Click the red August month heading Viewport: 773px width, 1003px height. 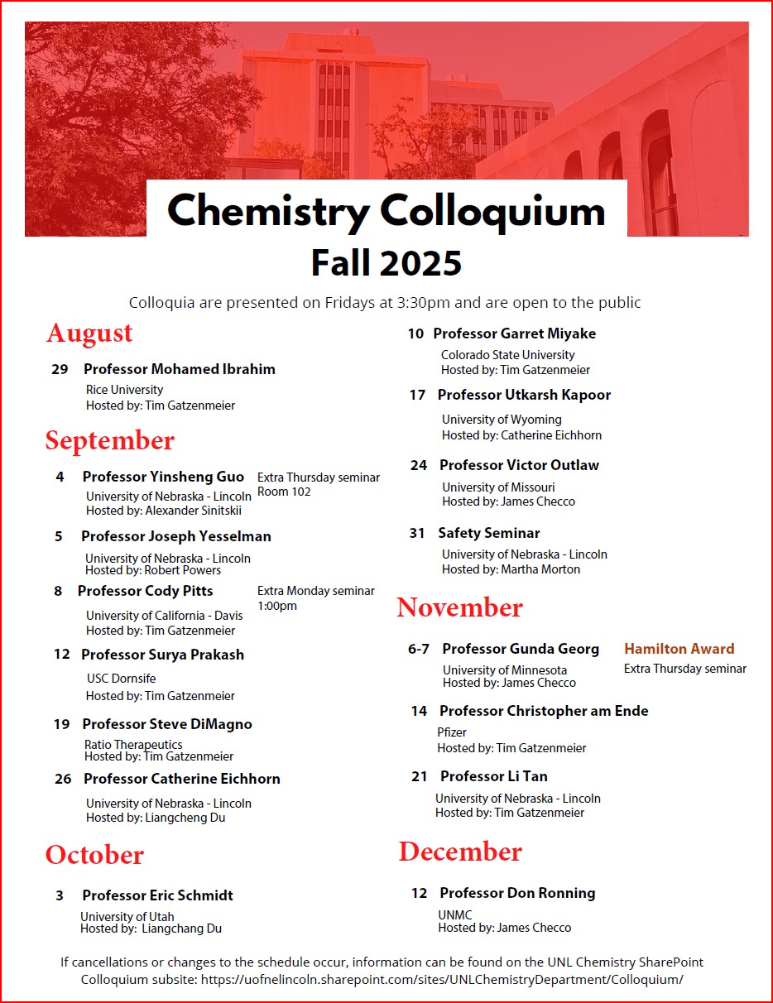(x=89, y=333)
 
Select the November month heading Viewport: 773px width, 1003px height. (x=459, y=607)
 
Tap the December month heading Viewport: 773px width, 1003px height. (x=460, y=852)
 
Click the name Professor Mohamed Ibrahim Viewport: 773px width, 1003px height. (x=179, y=369)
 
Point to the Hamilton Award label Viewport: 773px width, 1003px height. (x=679, y=650)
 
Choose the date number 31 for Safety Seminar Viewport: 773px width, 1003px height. (x=417, y=534)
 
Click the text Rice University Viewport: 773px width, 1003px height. (x=124, y=390)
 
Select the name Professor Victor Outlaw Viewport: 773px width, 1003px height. (x=519, y=465)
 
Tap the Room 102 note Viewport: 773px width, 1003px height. (x=284, y=492)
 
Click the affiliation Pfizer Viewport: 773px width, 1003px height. (x=452, y=732)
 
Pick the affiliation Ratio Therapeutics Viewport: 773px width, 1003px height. (x=133, y=745)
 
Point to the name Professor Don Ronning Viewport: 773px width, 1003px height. (x=517, y=894)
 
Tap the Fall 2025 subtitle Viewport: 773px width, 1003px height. (x=386, y=263)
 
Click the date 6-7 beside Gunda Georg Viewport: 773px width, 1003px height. (x=419, y=650)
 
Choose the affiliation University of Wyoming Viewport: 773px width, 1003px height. (x=502, y=420)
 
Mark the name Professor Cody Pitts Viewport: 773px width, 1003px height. (x=145, y=591)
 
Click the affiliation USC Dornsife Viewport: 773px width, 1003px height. (x=121, y=679)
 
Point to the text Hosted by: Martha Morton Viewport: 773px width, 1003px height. (x=511, y=569)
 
